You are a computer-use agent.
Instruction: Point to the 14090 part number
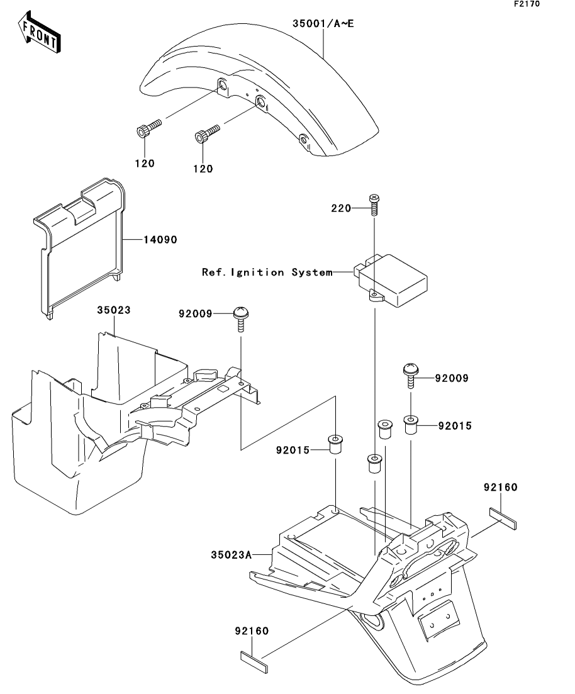coord(161,240)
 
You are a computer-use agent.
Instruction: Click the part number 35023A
coord(231,554)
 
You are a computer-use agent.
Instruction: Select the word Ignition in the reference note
coord(259,272)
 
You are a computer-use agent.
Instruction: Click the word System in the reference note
coord(311,272)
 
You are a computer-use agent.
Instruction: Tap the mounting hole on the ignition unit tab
coord(374,294)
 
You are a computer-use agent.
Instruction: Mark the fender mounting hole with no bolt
coord(303,138)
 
